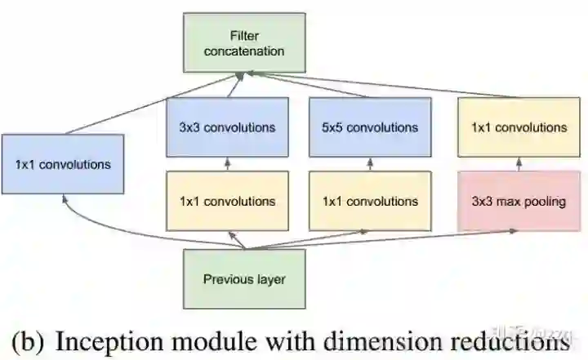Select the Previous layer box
(244, 278)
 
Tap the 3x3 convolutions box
(228, 127)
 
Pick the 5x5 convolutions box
(371, 127)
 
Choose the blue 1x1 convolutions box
(62, 164)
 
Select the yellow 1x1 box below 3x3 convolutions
(228, 201)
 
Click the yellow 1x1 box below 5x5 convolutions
(371, 201)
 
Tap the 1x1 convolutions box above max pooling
(519, 127)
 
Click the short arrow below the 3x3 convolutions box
(228, 164)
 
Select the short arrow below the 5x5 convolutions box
(371, 164)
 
